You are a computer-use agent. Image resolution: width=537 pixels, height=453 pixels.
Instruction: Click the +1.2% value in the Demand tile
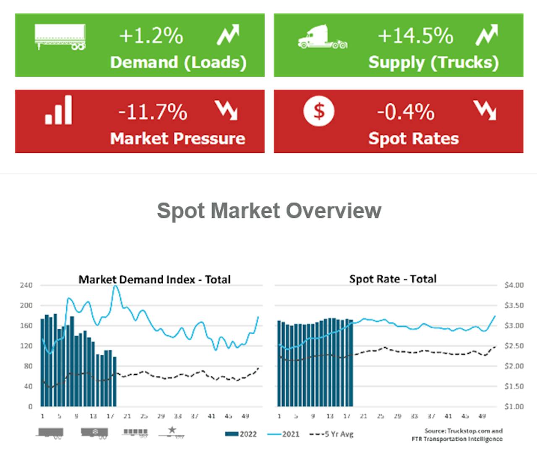pos(151,36)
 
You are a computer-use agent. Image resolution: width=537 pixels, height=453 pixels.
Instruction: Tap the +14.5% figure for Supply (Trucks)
pos(415,36)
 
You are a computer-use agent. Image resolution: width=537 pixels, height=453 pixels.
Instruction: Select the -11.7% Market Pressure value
pos(153,112)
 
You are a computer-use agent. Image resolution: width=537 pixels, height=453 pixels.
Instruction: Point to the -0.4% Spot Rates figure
pos(406,112)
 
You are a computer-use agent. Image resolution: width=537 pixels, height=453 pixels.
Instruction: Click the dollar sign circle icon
pos(319,111)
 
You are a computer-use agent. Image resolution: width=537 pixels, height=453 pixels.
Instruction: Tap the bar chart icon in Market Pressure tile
pos(59,110)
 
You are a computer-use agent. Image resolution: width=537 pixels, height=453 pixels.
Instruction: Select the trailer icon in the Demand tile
pos(60,37)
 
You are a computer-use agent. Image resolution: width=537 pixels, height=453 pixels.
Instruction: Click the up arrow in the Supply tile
pos(487,35)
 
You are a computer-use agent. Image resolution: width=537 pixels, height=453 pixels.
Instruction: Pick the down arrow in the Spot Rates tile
pos(485,110)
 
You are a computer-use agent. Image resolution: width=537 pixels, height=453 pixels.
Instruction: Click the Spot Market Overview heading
pos(269,211)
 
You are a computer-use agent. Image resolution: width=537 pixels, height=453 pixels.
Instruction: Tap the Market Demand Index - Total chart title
pos(154,279)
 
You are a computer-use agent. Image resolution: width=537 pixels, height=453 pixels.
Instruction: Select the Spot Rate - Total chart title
pos(393,279)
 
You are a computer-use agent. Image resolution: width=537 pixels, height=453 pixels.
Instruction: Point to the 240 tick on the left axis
pos(26,285)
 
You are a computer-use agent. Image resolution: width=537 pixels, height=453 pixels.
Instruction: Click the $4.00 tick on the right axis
pos(514,285)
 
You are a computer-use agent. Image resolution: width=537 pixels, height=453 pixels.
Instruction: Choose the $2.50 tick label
pos(514,346)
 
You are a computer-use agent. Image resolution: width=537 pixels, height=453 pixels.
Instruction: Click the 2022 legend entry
pos(241,434)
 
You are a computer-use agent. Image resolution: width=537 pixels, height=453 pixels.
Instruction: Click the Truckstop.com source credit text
pos(463,431)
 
